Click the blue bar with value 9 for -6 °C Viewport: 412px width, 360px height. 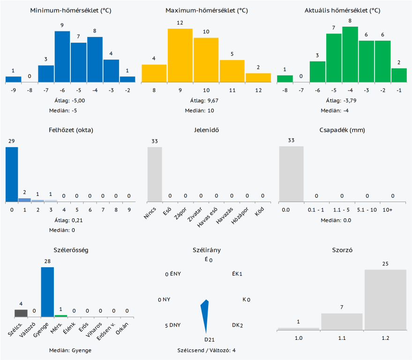62,57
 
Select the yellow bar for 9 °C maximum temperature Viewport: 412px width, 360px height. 180,56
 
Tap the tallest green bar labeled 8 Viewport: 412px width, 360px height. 350,54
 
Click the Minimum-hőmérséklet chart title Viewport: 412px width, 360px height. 71,10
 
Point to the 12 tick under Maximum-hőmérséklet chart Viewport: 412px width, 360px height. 258,91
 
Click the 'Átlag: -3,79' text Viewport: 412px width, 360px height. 343,100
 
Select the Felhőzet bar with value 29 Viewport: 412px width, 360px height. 12,174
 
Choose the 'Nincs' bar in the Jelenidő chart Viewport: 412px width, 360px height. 155,174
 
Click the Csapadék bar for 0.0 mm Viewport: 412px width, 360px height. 291,173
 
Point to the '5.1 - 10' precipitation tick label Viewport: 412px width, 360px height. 367,210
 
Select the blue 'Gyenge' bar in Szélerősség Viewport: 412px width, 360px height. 47,292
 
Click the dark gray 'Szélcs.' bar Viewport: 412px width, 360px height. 21,313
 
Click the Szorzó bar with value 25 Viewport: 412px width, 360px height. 385,300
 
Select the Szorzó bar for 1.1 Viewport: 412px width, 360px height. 342,322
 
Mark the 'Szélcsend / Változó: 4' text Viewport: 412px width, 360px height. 206,350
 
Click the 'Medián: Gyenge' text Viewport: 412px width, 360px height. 70,350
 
